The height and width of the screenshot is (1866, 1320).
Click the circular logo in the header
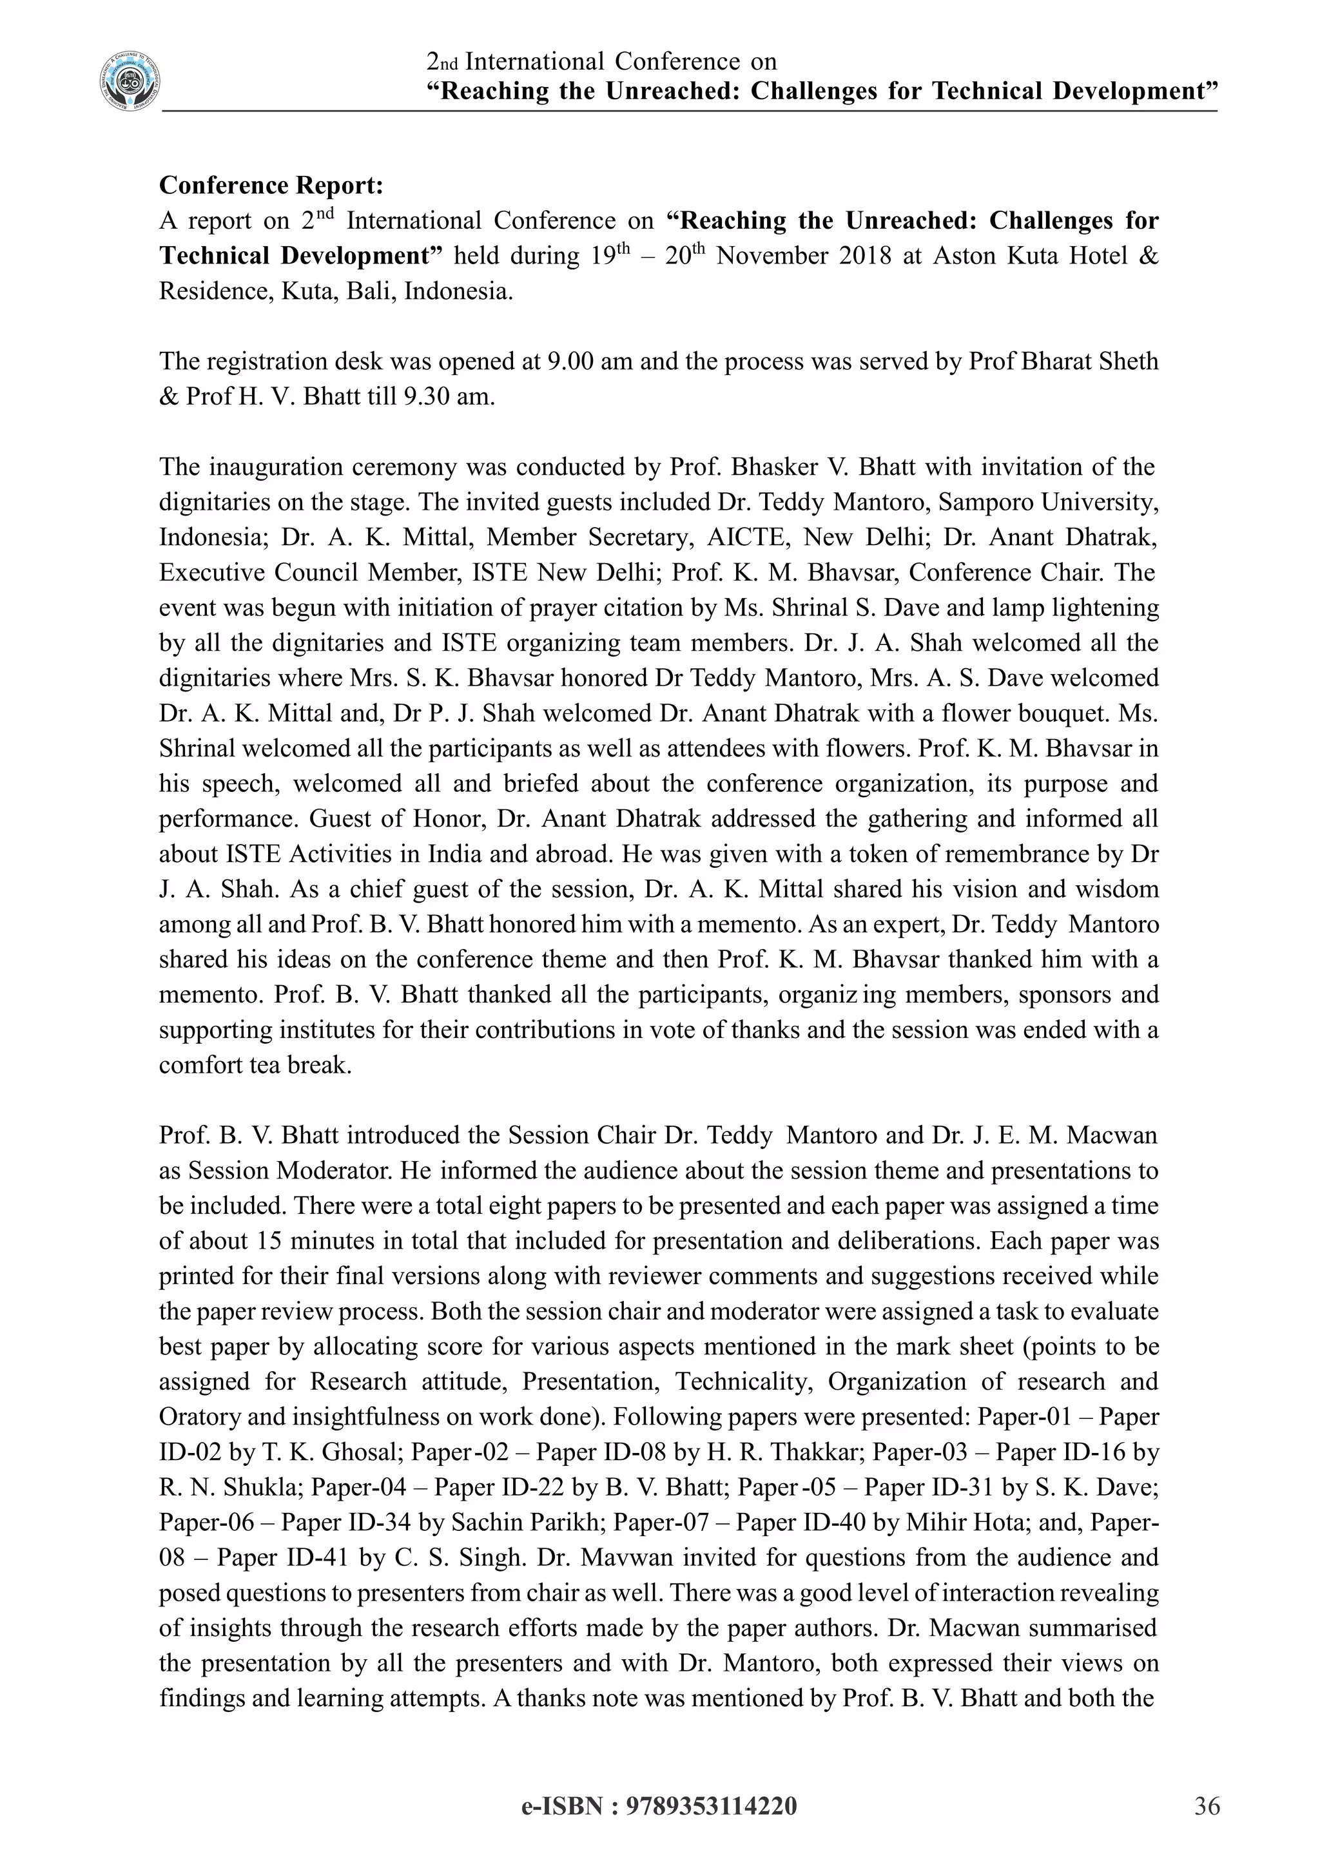click(x=130, y=81)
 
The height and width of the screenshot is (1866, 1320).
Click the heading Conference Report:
click(x=271, y=186)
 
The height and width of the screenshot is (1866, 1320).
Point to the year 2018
click(x=864, y=256)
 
